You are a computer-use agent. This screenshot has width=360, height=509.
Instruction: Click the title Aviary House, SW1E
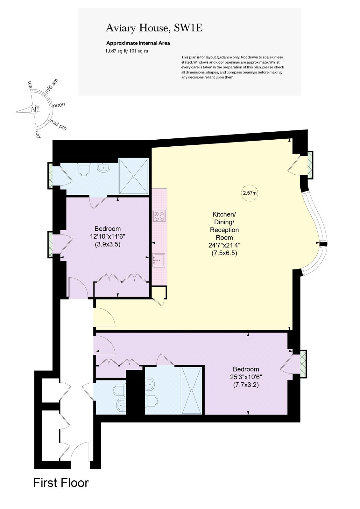154,28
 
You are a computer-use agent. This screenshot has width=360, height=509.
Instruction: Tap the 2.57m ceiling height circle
250,193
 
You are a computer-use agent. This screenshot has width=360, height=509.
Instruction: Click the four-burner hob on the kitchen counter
159,216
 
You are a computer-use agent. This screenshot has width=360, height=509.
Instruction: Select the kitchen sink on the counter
159,260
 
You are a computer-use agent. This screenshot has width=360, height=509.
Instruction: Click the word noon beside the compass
59,105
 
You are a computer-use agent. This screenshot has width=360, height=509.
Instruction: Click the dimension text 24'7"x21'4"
224,245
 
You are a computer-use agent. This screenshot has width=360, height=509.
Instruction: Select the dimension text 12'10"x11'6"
108,236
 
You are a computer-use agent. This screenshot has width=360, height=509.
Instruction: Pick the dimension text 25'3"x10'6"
246,377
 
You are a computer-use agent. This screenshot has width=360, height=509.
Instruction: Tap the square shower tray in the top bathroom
134,176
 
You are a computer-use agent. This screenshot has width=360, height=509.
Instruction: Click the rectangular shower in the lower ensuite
192,391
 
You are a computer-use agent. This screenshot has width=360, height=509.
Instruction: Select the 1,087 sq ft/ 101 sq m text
127,51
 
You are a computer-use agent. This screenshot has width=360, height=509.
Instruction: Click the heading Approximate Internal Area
138,43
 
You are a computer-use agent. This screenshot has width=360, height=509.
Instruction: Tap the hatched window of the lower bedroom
303,364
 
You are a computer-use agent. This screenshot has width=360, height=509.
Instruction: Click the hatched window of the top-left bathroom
51,175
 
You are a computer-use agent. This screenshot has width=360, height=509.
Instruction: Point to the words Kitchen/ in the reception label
224,214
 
